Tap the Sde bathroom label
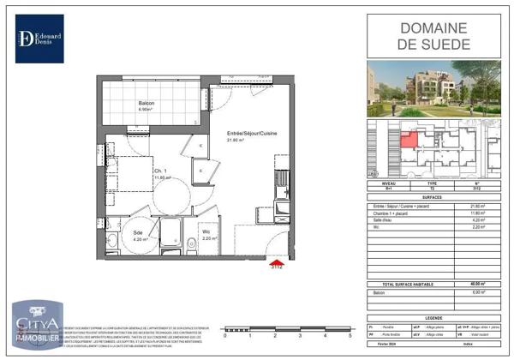(x=138, y=232)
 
